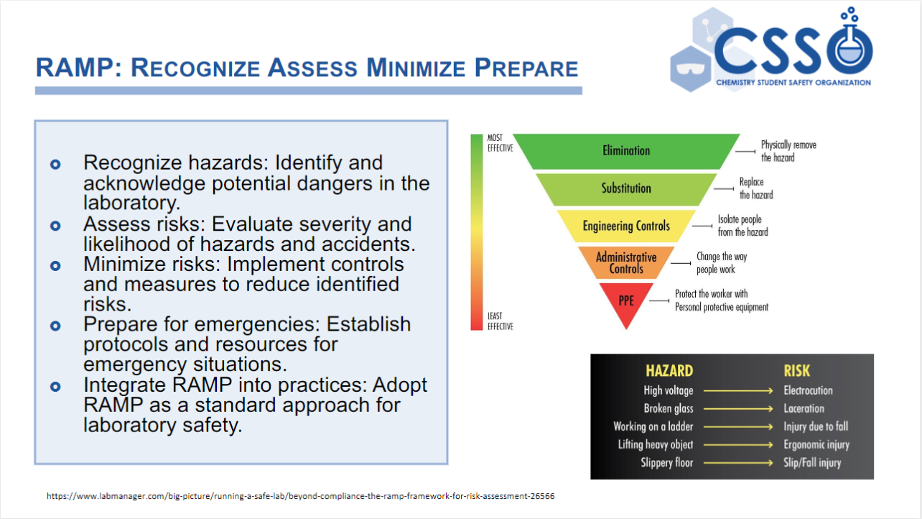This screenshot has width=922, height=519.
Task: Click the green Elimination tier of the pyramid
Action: (x=626, y=151)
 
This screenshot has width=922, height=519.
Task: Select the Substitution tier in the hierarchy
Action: (x=626, y=188)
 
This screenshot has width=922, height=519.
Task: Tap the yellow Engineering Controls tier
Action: (x=626, y=226)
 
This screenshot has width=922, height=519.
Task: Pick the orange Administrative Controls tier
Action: (x=626, y=262)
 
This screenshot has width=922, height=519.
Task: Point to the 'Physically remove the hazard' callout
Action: (x=788, y=151)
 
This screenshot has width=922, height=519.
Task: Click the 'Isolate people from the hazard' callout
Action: (x=742, y=226)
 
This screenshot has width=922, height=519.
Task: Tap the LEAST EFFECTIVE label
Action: (x=500, y=321)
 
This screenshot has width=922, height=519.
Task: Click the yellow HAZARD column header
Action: (x=669, y=371)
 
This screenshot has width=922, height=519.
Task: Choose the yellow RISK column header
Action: (x=797, y=371)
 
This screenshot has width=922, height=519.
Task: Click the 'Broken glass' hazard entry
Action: (x=669, y=408)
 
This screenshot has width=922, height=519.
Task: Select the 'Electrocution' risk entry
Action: (x=808, y=390)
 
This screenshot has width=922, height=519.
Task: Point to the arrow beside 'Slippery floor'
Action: (x=738, y=463)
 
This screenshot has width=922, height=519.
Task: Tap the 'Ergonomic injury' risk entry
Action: (x=816, y=445)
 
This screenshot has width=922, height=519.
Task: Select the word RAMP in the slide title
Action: (x=75, y=68)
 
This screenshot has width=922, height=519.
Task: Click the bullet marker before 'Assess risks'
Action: (x=55, y=226)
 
